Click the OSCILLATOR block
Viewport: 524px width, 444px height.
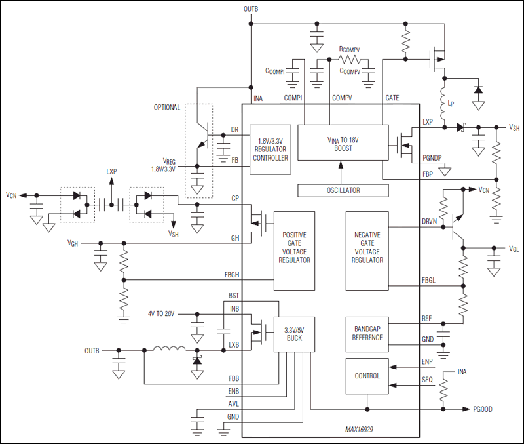point(340,190)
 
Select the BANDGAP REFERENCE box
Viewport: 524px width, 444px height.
point(367,333)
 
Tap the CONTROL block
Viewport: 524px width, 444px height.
point(367,376)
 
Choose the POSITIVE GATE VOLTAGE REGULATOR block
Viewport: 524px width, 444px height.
point(294,251)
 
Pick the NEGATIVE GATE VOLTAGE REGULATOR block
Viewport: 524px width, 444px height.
point(367,251)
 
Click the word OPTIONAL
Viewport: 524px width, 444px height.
point(167,108)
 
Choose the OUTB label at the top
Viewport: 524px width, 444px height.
point(252,10)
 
